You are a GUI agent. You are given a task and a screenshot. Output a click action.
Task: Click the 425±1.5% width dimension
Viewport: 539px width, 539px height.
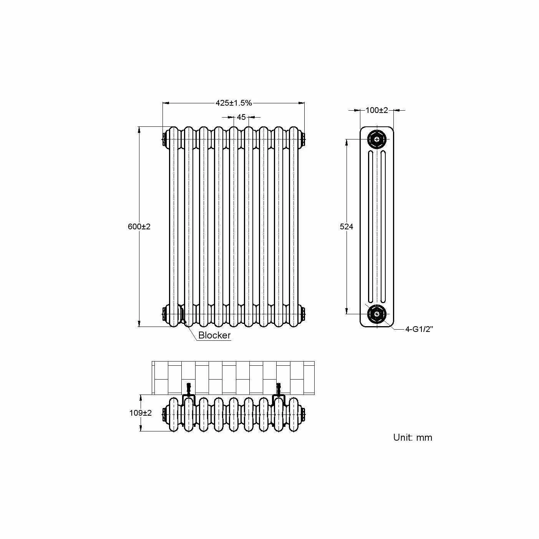[x=233, y=103]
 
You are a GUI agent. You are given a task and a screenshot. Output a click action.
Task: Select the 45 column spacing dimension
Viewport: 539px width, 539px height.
[x=241, y=117]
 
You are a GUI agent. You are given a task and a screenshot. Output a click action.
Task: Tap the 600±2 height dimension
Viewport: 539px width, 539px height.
[x=139, y=227]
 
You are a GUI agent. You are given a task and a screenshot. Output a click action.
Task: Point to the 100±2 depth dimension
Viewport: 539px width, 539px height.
[x=376, y=110]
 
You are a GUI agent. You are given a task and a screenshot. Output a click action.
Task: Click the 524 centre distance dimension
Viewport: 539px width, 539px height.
[x=347, y=227]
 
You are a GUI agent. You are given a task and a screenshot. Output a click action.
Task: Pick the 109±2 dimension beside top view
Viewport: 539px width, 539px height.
[x=141, y=413]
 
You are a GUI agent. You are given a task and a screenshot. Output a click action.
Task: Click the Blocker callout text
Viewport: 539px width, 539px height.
[x=214, y=335]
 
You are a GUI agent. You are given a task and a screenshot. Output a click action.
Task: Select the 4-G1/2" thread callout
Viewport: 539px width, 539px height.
[x=419, y=329]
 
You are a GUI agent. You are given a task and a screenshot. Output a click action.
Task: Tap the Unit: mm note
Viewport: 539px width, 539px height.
[x=413, y=437]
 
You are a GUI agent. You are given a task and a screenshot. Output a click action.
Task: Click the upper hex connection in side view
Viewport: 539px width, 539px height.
[x=376, y=139]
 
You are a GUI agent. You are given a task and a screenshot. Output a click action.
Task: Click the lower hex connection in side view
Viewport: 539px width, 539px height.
[x=376, y=314]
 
